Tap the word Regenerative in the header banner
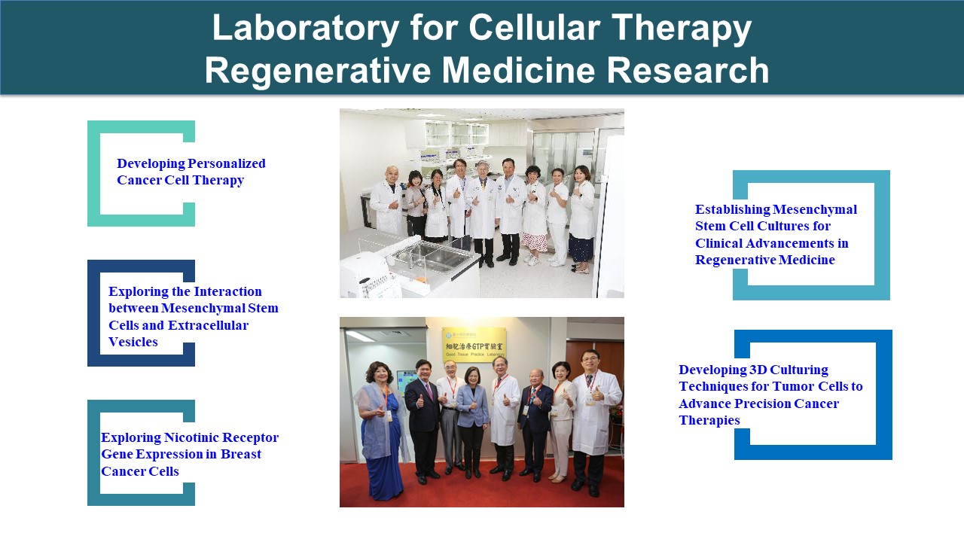(318, 70)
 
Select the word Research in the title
(688, 70)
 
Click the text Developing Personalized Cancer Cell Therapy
(191, 172)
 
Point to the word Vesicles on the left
(133, 342)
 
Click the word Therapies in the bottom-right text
(709, 420)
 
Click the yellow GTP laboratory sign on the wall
(474, 343)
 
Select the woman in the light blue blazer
(472, 422)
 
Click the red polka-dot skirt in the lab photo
(535, 242)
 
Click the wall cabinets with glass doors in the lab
(456, 134)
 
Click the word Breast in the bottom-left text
(240, 454)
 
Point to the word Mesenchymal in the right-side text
(815, 210)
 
